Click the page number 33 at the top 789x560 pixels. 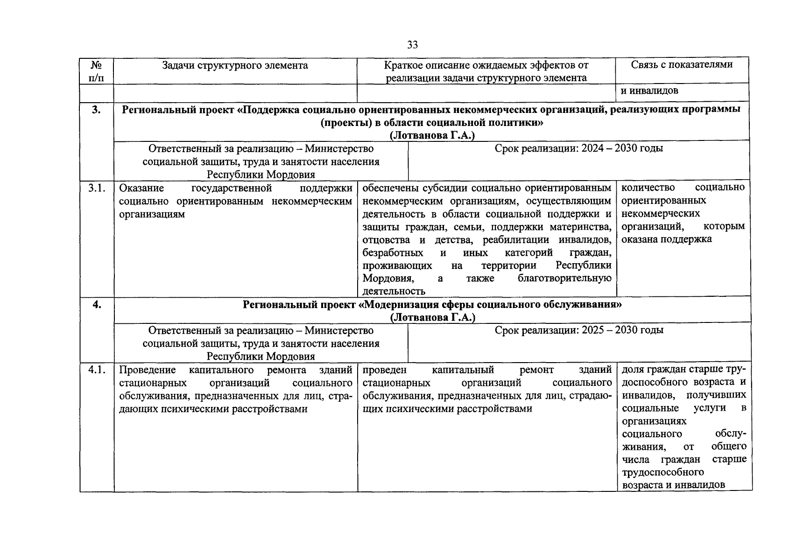click(x=412, y=45)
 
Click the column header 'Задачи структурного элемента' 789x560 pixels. click(x=235, y=65)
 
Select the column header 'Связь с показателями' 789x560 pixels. click(x=682, y=64)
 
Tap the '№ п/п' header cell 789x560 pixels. click(x=97, y=71)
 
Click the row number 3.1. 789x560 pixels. click(x=97, y=188)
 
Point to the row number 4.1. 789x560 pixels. click(x=97, y=370)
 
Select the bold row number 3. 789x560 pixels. click(x=96, y=110)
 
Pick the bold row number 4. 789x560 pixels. click(x=96, y=305)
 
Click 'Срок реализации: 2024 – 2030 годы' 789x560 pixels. click(x=579, y=148)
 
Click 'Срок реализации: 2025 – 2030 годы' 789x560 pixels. click(x=579, y=330)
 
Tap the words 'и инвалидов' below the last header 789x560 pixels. click(x=649, y=91)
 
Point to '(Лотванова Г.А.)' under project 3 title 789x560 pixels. click(x=432, y=136)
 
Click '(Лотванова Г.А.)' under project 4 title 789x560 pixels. click(x=432, y=317)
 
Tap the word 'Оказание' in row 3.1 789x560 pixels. click(x=141, y=188)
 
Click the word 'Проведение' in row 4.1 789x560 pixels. click(x=147, y=370)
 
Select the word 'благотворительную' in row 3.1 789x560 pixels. click(x=564, y=279)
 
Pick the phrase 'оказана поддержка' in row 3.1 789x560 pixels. click(x=666, y=239)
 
